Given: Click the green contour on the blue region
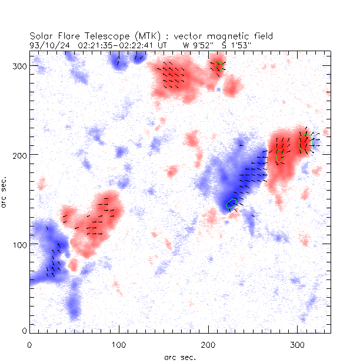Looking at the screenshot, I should coord(231,204).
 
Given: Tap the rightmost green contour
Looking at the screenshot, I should coord(304,142).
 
